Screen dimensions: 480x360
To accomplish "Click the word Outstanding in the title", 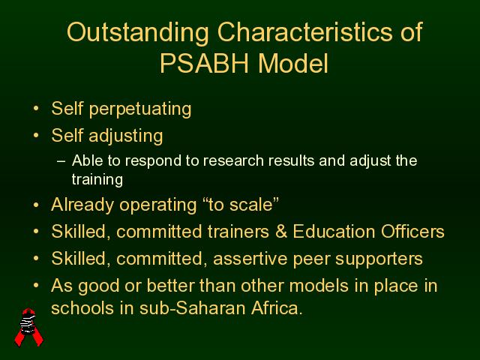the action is pyautogui.click(x=138, y=33).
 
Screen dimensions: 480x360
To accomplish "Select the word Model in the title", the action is pyautogui.click(x=293, y=63).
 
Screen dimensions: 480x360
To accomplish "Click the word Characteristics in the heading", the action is pyautogui.click(x=304, y=31).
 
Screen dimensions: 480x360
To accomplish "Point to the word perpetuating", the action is pyautogui.click(x=140, y=109).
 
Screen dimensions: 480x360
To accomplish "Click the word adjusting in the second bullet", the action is pyautogui.click(x=125, y=136).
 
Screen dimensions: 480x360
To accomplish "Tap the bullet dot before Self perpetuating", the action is pyautogui.click(x=36, y=108).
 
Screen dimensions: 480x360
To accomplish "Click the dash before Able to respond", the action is pyautogui.click(x=61, y=161).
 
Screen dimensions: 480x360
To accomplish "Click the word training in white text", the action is pyautogui.click(x=97, y=180).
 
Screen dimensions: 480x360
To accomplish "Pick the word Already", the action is pyautogui.click(x=82, y=205).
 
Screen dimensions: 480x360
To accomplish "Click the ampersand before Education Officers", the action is pyautogui.click(x=281, y=232).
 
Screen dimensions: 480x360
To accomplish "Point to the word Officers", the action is pyautogui.click(x=412, y=232).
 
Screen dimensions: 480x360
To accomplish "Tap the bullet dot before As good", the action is pyautogui.click(x=36, y=285).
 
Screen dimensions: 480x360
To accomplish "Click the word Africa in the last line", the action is pyautogui.click(x=277, y=308).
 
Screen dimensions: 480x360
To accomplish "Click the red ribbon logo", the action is pyautogui.click(x=29, y=327).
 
